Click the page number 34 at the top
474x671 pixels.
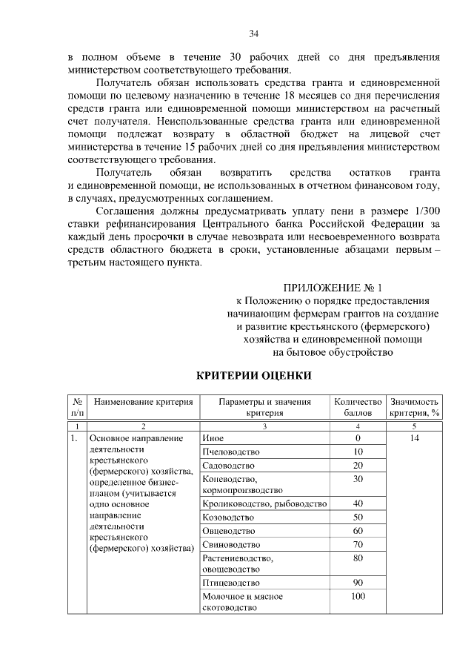tap(253, 33)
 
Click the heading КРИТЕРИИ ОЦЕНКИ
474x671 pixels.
tap(253, 376)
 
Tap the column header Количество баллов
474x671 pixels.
tap(358, 407)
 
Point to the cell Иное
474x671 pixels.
tap(213, 438)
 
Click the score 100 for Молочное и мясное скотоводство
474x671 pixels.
tap(358, 596)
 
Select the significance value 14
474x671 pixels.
tap(414, 438)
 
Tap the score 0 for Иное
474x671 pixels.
tap(358, 438)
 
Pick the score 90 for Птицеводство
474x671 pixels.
tap(358, 583)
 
